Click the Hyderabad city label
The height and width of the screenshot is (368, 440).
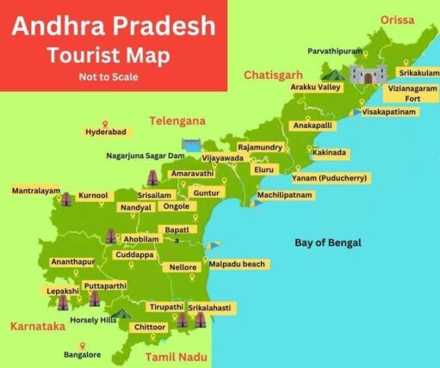pos(105,132)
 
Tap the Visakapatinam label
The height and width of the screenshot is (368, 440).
pos(389,113)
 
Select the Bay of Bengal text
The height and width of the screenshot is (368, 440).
pos(327,242)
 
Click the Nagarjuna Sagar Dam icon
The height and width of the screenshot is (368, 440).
pos(190,144)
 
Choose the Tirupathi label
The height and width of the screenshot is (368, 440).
pos(165,307)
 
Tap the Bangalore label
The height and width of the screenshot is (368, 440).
pos(83,354)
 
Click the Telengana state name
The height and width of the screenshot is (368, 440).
pos(178,121)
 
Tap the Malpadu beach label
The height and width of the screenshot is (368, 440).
pos(237,264)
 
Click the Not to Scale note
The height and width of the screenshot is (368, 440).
pos(108,77)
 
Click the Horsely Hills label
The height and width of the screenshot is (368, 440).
pos(92,320)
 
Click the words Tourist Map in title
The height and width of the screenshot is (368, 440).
pos(108,55)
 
